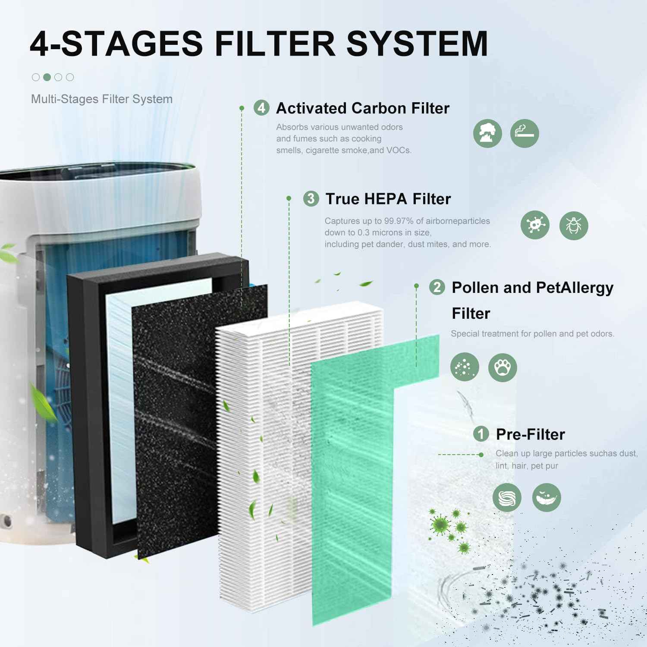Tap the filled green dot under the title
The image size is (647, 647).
(47, 77)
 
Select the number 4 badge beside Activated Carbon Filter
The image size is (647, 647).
(261, 108)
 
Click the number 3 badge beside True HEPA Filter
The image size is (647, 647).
(311, 199)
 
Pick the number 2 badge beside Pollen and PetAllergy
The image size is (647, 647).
(437, 287)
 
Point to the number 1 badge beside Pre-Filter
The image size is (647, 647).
(481, 434)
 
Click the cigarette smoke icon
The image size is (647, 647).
(525, 133)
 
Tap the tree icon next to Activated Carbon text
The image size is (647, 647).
(487, 133)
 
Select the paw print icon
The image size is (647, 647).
(503, 367)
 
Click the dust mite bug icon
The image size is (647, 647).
(574, 225)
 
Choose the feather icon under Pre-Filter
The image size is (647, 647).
(546, 498)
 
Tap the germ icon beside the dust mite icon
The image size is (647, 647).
(535, 225)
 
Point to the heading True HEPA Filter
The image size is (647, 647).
(388, 199)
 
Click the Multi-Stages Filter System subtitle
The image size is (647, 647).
(102, 99)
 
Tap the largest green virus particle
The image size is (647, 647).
(440, 525)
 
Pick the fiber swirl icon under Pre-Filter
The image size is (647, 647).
(507, 498)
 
